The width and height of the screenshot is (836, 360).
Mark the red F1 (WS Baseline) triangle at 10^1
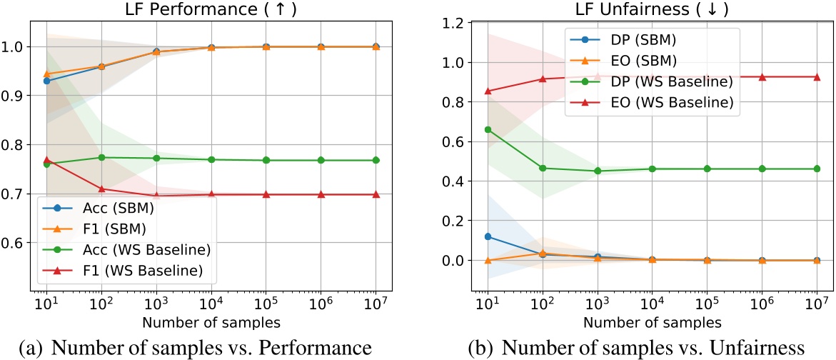46,160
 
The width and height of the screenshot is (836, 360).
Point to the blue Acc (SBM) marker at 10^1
46,81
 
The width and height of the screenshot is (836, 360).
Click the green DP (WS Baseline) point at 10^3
598,171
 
